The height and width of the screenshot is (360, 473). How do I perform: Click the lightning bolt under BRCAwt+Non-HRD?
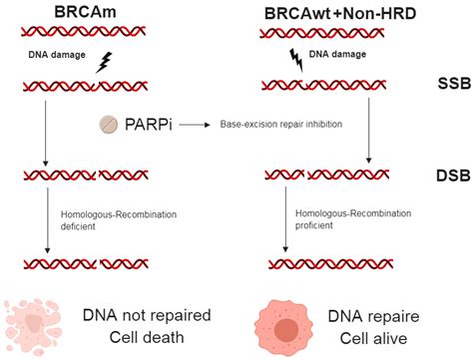pos(294,57)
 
